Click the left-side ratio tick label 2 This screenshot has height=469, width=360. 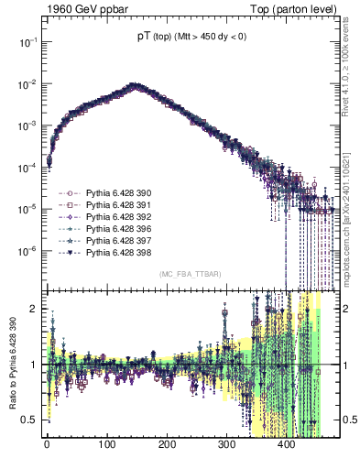coord(31,309)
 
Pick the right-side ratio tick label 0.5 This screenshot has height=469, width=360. coord(348,420)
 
